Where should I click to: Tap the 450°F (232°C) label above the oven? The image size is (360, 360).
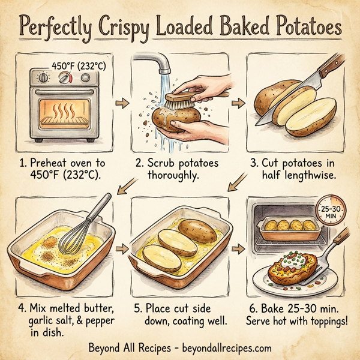click(79, 66)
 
